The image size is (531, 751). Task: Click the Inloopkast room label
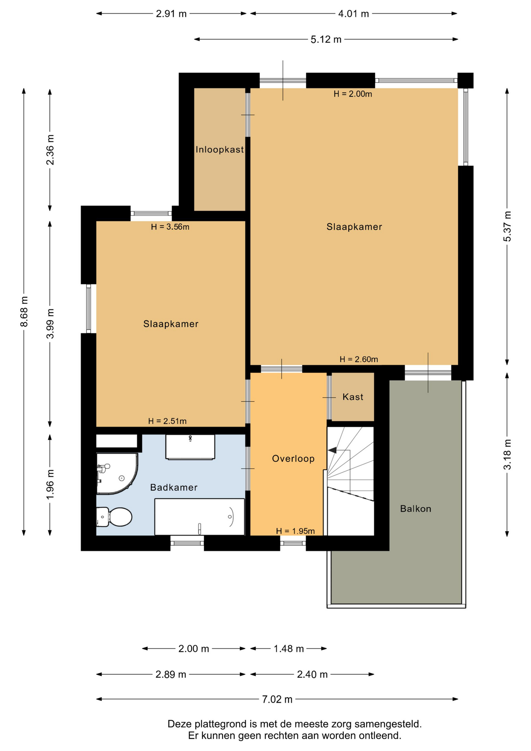pyautogui.click(x=219, y=149)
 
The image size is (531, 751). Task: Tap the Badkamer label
pyautogui.click(x=174, y=487)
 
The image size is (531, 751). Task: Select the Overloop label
pyautogui.click(x=293, y=459)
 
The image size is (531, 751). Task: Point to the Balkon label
pyautogui.click(x=416, y=509)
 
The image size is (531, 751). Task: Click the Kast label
pyautogui.click(x=353, y=397)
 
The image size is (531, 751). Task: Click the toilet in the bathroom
pyautogui.click(x=114, y=517)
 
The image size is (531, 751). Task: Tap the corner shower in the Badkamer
pyautogui.click(x=117, y=474)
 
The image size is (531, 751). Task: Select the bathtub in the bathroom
pyautogui.click(x=199, y=517)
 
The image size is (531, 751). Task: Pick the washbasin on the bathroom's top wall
pyautogui.click(x=190, y=447)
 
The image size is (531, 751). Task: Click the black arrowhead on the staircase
pyautogui.click(x=332, y=451)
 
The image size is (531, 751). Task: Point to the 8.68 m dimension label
pyautogui.click(x=24, y=311)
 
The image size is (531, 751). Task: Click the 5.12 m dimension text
pyautogui.click(x=326, y=40)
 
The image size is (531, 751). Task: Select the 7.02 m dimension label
pyautogui.click(x=277, y=699)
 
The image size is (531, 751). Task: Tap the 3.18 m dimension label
pyautogui.click(x=507, y=455)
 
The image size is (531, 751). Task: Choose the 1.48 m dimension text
pyautogui.click(x=289, y=649)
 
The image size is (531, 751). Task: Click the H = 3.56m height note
pyautogui.click(x=170, y=227)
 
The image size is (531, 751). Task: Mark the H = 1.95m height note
pyautogui.click(x=295, y=531)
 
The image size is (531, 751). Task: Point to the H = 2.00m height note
pyautogui.click(x=353, y=94)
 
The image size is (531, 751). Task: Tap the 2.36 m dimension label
pyautogui.click(x=50, y=149)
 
